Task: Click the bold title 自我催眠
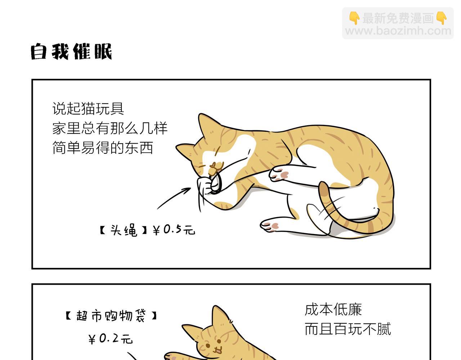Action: (x=71, y=51)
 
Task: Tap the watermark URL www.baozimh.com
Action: (x=398, y=31)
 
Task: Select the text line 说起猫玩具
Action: (x=88, y=109)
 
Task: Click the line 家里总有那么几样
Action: (x=110, y=128)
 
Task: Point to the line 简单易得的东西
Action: (x=103, y=148)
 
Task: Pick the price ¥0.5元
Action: (x=174, y=230)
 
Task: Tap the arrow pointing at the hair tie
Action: (x=174, y=198)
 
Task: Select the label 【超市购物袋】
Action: (x=111, y=316)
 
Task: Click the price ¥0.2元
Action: (x=110, y=339)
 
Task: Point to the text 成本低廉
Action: (x=333, y=310)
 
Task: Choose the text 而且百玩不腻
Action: (x=348, y=329)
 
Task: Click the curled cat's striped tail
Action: (x=352, y=222)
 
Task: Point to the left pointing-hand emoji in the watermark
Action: (x=354, y=18)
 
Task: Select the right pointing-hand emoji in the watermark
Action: (x=442, y=18)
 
